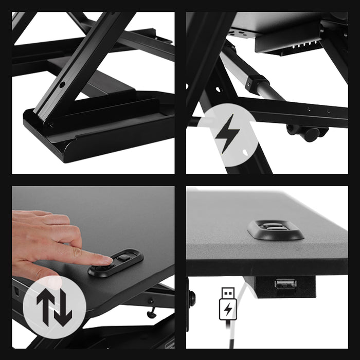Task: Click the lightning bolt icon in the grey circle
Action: pyautogui.click(x=227, y=133)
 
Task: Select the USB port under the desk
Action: pyautogui.click(x=285, y=283)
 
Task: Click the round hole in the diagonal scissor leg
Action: pyautogui.click(x=62, y=84)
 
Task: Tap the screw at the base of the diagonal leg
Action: pyautogui.click(x=50, y=123)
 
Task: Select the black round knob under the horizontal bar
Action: pyautogui.click(x=309, y=134)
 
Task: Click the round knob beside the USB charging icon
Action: pyautogui.click(x=192, y=298)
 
